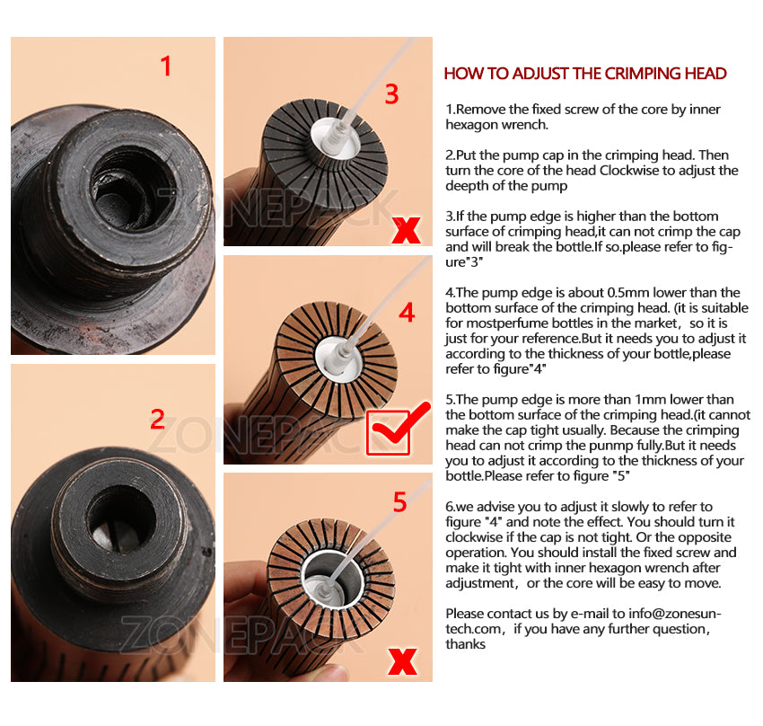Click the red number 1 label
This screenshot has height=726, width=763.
pos(166,66)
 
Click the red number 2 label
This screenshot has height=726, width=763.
pos(157,420)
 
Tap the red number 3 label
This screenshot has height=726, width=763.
pos(391,93)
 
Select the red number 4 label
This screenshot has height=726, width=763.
pos(407,312)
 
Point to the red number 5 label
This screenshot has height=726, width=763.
pos(399,501)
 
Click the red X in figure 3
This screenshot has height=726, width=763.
pos(406,230)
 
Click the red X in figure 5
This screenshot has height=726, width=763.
pos(403,661)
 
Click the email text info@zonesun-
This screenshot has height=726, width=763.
pos(675,614)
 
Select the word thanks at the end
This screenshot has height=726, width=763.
pos(466,644)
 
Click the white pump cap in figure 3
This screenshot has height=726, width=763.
pos(336,137)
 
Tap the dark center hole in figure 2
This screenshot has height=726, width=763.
pos(121,518)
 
